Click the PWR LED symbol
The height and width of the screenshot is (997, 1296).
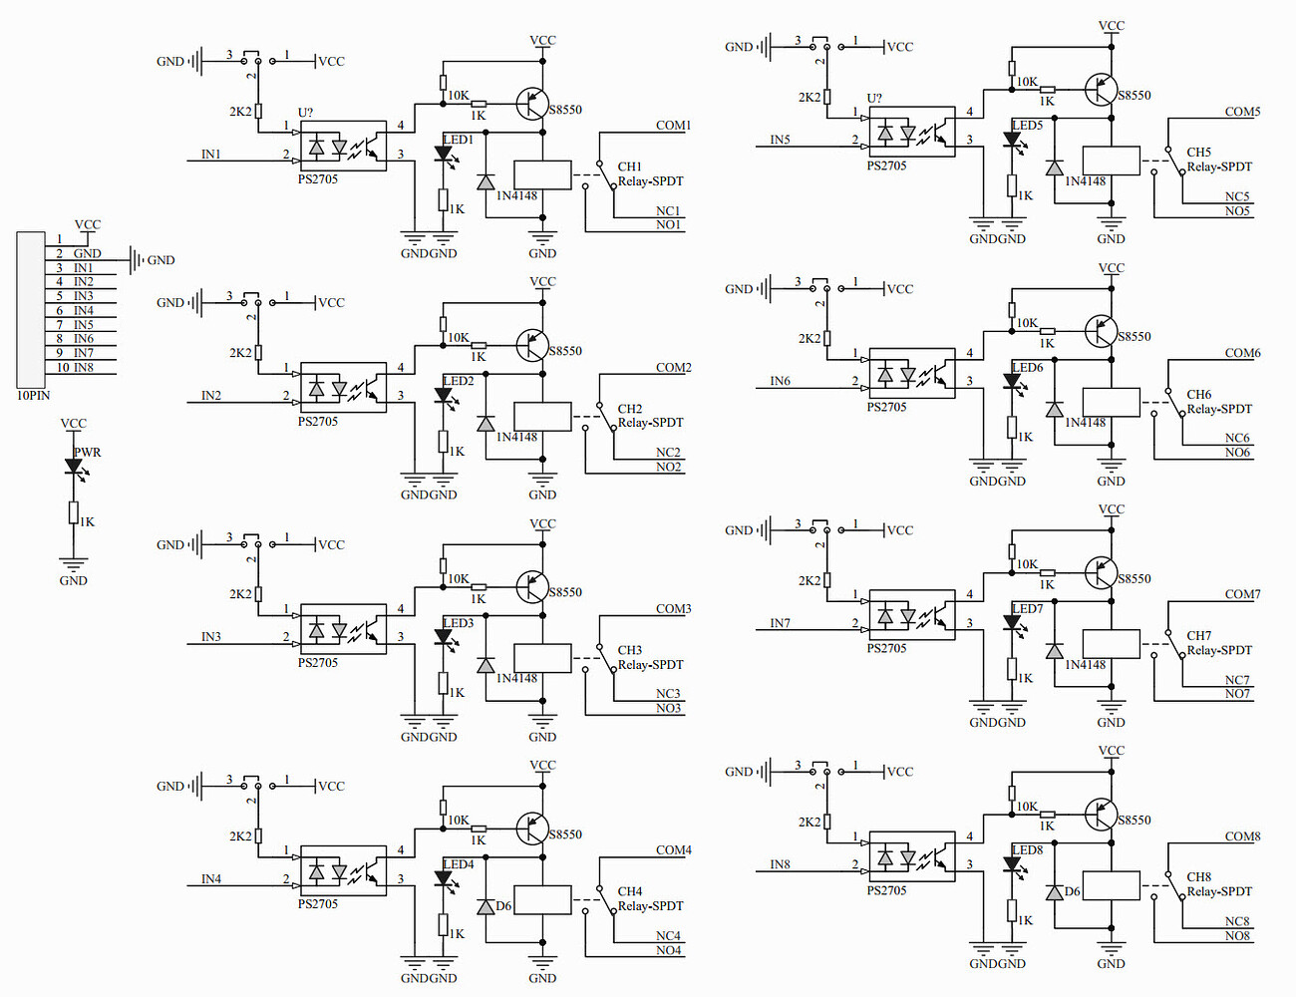[73, 466]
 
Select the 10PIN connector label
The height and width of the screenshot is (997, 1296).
[33, 396]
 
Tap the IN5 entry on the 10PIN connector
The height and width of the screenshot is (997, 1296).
[83, 325]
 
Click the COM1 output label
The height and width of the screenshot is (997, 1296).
[673, 126]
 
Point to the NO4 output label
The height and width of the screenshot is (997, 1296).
[669, 950]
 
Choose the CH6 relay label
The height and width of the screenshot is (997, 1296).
[1199, 395]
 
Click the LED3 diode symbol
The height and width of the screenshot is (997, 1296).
[444, 637]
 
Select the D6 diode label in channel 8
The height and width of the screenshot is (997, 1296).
[1073, 891]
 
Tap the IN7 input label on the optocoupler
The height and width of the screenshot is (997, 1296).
[780, 623]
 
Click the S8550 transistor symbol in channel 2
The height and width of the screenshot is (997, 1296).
[533, 345]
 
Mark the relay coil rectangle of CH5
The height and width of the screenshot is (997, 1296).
[1111, 161]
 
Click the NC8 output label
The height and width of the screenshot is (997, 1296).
[1237, 921]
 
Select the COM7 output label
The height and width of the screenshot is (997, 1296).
[1242, 594]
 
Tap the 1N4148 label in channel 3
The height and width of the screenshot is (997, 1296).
[516, 678]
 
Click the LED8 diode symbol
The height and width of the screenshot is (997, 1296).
[1013, 865]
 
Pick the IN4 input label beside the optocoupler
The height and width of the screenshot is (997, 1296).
[211, 878]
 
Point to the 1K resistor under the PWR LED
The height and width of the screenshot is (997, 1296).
[74, 512]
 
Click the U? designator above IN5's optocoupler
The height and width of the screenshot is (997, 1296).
[874, 98]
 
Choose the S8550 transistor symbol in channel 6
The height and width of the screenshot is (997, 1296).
[1102, 330]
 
